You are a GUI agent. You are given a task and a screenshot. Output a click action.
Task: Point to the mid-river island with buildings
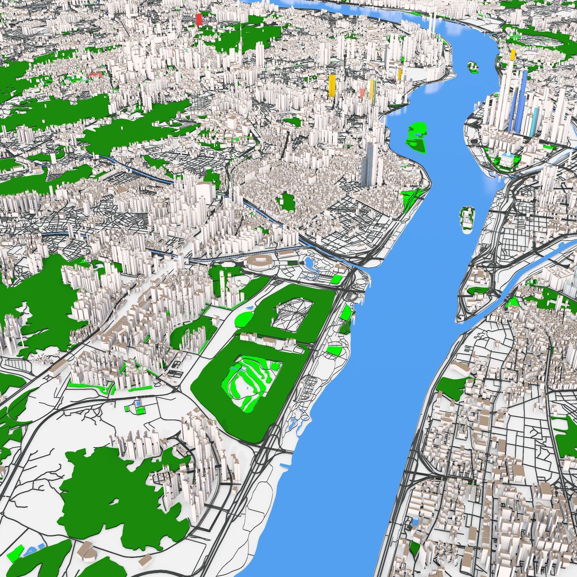tap(467, 218)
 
